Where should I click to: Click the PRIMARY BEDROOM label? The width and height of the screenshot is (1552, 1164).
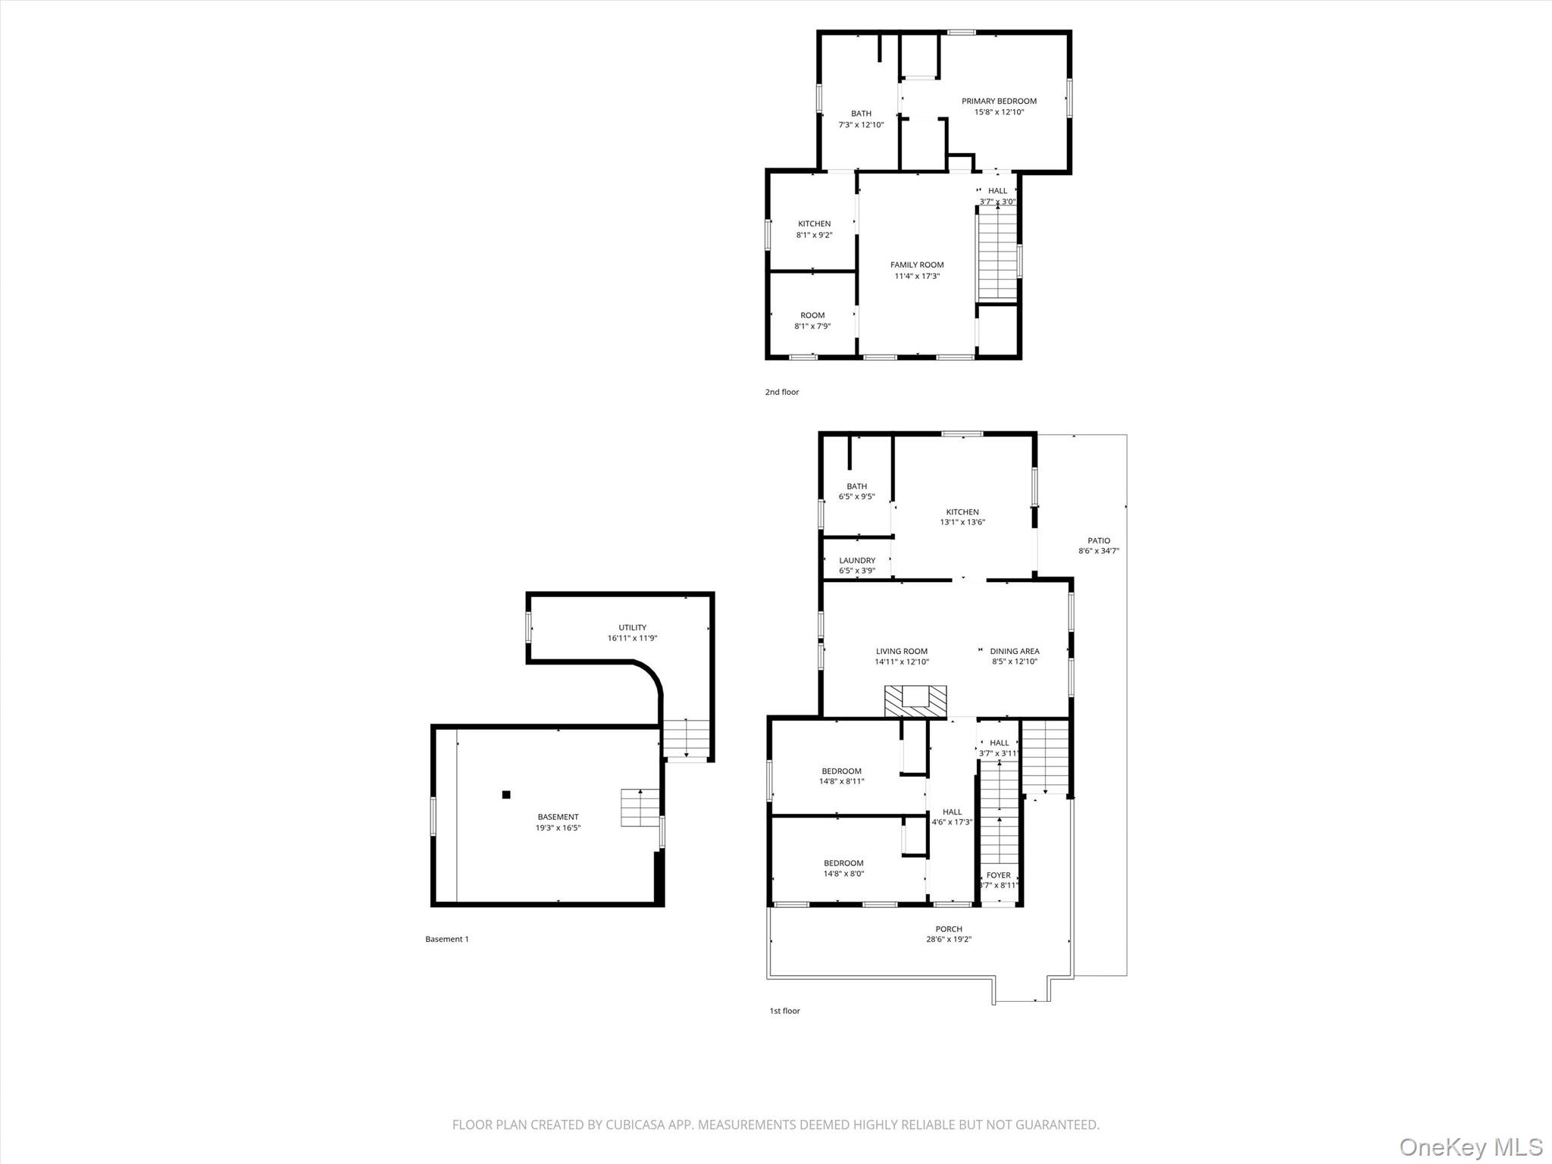tap(999, 101)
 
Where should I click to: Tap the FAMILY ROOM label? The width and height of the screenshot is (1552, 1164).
tap(917, 264)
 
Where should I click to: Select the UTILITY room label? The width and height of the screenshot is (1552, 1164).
tap(632, 627)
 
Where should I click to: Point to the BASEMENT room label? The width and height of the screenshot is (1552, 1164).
tap(558, 817)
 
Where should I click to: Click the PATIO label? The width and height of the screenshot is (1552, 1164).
tap(1099, 540)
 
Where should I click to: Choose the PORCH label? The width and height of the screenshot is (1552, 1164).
tap(949, 928)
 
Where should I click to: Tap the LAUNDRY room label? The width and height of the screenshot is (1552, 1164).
tap(857, 560)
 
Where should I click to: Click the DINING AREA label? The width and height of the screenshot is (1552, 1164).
tap(1015, 651)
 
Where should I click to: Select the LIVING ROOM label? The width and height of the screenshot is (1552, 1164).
tap(902, 651)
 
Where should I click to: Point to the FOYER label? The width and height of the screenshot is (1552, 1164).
tap(999, 875)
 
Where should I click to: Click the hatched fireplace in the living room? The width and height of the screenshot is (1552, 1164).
tap(915, 702)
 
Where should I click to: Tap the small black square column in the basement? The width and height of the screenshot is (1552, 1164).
tap(506, 794)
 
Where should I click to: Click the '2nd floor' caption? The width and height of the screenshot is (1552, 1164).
tap(782, 392)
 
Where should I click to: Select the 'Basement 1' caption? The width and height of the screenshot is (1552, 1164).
tap(447, 939)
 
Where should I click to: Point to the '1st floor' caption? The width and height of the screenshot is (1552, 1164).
tap(785, 1010)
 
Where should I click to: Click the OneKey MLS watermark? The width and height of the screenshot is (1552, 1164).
tap(1471, 1147)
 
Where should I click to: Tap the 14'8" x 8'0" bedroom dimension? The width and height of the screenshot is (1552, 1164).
tap(843, 873)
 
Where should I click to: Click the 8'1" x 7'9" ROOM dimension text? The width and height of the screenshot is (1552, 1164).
tap(812, 326)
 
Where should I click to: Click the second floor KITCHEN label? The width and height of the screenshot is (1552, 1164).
tap(814, 224)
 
